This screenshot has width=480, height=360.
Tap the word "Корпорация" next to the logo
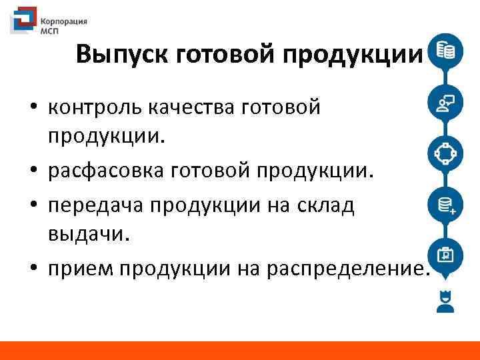tap(65, 21)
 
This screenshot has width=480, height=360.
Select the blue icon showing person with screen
tap(445, 102)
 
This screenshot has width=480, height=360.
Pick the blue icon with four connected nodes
tap(445, 153)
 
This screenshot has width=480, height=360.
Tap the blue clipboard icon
tap(445, 255)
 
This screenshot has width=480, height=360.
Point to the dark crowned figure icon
tap(445, 301)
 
